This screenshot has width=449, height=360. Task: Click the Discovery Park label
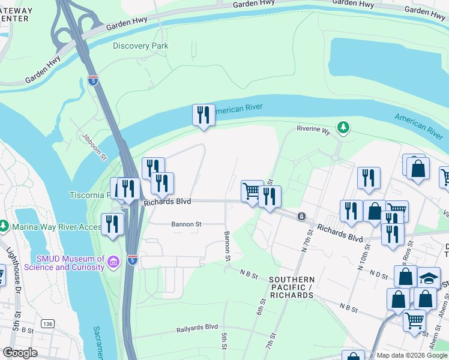click(x=140, y=46)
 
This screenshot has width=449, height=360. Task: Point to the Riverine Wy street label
click(x=314, y=129)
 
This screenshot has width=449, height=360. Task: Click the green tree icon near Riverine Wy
click(x=343, y=127)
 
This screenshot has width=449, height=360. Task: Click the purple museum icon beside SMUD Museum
click(x=114, y=261)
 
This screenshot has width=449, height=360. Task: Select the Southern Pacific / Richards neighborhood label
click(x=291, y=287)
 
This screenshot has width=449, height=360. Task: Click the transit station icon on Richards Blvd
click(x=301, y=216)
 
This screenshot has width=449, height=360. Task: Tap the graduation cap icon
click(x=428, y=277)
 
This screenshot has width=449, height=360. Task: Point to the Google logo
click(x=20, y=353)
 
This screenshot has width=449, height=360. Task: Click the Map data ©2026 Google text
click(x=412, y=355)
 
